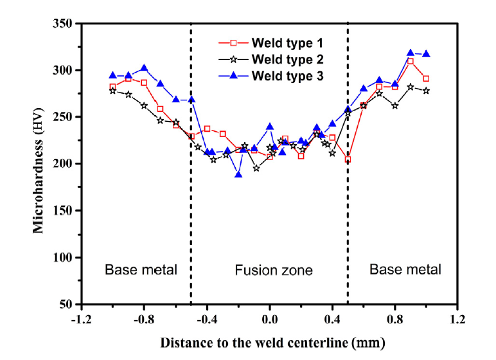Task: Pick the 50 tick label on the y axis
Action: [x=67, y=304]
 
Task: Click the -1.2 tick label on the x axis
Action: [x=81, y=318]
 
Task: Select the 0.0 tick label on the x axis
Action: [x=269, y=318]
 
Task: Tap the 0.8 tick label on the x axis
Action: [x=395, y=318]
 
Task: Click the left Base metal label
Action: [x=141, y=269]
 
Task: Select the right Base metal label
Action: [x=405, y=269]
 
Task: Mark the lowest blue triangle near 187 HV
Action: [x=238, y=175]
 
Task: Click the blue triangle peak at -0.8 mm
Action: [x=144, y=67]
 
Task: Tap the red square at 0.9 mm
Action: [x=411, y=61]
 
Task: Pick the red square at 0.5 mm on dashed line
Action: [x=348, y=159]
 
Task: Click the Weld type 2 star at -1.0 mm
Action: [x=112, y=91]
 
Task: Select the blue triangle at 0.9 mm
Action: [x=411, y=53]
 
